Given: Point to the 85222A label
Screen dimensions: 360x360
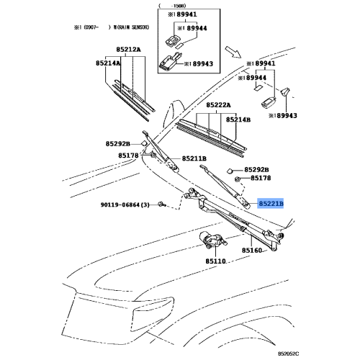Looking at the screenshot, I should click(220, 105).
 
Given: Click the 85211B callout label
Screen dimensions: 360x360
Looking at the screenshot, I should click(194, 158).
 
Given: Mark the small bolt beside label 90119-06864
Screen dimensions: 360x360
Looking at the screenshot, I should click(162, 205).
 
